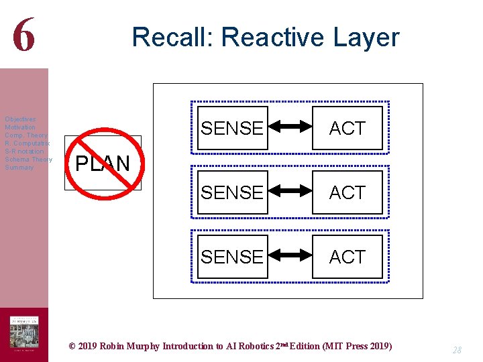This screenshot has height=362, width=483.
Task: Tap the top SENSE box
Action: click(232, 128)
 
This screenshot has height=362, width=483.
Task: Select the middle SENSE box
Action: click(232, 192)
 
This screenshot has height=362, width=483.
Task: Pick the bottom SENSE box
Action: click(232, 257)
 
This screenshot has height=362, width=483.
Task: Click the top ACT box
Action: click(347, 128)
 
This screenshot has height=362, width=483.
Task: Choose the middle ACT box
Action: click(347, 192)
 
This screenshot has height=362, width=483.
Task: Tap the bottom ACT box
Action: click(347, 257)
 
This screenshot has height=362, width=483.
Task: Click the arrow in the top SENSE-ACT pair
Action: click(290, 127)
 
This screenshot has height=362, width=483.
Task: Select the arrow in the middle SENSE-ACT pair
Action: click(290, 192)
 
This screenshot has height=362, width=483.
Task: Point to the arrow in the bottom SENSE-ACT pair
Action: click(290, 256)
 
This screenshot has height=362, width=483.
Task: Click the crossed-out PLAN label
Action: click(103, 163)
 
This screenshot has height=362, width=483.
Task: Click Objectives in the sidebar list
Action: click(21, 119)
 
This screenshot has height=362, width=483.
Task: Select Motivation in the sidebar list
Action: click(20, 127)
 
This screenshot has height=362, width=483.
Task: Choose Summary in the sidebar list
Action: click(19, 168)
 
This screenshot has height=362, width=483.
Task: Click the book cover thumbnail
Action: click(24, 333)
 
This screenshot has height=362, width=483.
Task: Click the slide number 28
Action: click(457, 350)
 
